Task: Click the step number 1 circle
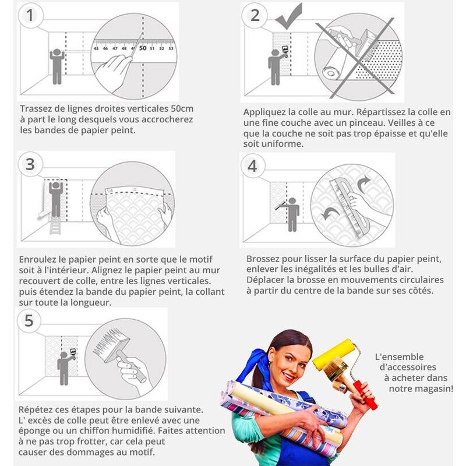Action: pos(31,16)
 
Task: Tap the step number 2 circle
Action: pos(255,16)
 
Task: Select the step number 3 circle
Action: pos(30,164)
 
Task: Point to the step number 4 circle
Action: pos(252,166)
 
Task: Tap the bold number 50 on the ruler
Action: pos(143,48)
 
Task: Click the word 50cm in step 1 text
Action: pos(182,109)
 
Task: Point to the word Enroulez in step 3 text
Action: pos(38,259)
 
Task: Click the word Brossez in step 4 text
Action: pos(263,259)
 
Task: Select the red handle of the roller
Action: pos(365,395)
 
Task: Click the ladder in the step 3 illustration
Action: pos(55,225)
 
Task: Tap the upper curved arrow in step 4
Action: pos(363,184)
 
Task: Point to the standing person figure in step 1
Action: pos(57,66)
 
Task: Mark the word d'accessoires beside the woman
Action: pos(408,367)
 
